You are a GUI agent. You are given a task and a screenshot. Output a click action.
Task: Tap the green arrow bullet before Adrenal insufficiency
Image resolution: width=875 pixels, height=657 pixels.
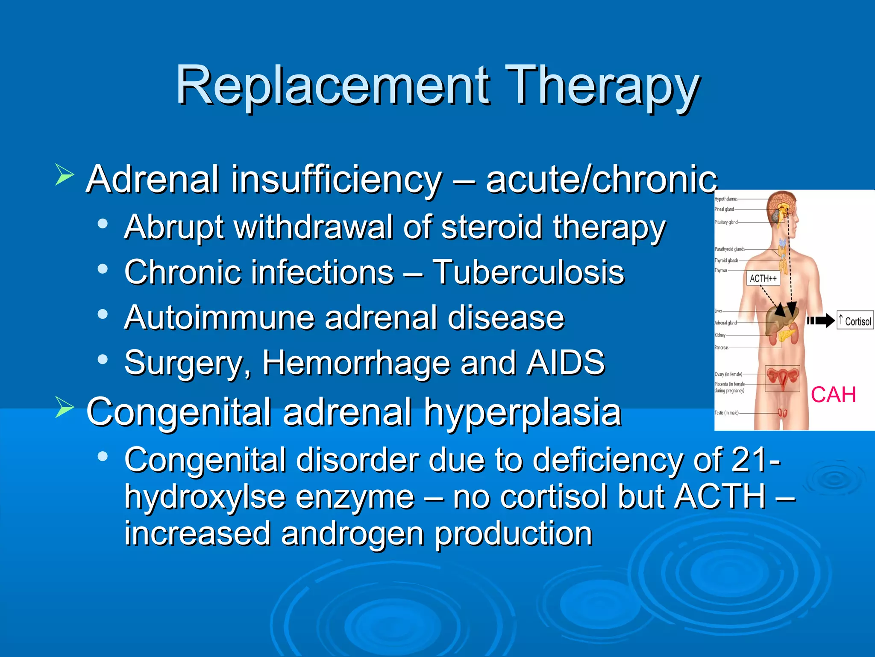tap(65, 175)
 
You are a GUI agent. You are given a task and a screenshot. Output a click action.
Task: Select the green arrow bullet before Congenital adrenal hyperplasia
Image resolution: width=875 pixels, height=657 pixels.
tap(65, 407)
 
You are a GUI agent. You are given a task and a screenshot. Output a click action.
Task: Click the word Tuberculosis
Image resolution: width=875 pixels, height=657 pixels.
tap(528, 272)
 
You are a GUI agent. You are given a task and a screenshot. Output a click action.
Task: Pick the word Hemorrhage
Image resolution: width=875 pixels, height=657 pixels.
tap(356, 363)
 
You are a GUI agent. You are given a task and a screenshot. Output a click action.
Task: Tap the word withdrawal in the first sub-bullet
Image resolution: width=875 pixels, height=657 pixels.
tap(314, 227)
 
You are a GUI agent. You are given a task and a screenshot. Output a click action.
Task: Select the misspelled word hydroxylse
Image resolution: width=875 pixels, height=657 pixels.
tap(205, 497)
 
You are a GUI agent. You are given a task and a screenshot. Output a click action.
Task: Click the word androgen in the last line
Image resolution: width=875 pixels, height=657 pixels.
tap(352, 534)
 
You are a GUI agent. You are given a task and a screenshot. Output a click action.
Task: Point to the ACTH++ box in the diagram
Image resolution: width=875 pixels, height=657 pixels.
tap(763, 278)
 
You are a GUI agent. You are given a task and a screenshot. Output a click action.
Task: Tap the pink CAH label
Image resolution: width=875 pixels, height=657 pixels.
tap(833, 394)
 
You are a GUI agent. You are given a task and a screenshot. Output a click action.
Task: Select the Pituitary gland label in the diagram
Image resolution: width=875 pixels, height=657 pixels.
tap(726, 222)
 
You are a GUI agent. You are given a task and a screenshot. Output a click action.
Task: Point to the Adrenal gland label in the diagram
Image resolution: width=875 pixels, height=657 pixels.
tap(725, 323)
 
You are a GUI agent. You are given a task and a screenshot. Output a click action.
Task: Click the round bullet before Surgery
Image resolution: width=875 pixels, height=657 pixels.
tap(103, 359)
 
